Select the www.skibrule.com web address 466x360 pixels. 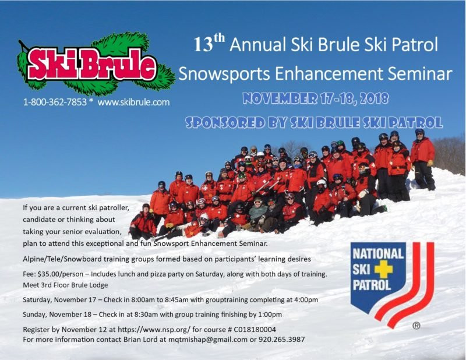[133, 102]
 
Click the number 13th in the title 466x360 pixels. [209, 45]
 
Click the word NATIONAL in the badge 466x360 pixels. [378, 254]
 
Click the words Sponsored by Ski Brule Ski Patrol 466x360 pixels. [313, 122]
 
